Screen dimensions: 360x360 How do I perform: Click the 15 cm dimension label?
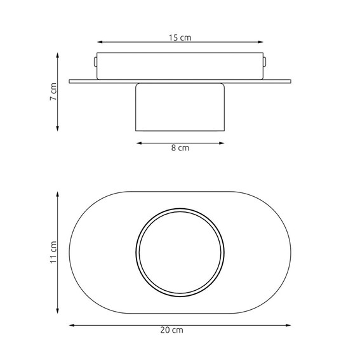pyautogui.click(x=180, y=37)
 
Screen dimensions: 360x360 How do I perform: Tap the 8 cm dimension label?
pyautogui.click(x=180, y=149)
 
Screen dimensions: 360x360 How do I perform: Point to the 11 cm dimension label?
pyautogui.click(x=54, y=251)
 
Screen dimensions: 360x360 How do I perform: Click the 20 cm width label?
pyautogui.click(x=180, y=330)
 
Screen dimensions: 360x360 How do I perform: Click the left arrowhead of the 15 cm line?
pyautogui.click(x=99, y=43)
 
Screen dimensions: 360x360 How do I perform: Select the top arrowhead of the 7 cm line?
pyautogui.click(x=58, y=55)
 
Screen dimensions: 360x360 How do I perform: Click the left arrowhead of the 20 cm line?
pyautogui.click(x=71, y=324)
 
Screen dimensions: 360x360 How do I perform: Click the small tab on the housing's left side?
pyautogui.click(x=95, y=62)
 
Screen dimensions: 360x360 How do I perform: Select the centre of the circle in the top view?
pyautogui.click(x=180, y=251)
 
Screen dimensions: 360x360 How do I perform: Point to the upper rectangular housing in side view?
pyautogui.click(x=180, y=65)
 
